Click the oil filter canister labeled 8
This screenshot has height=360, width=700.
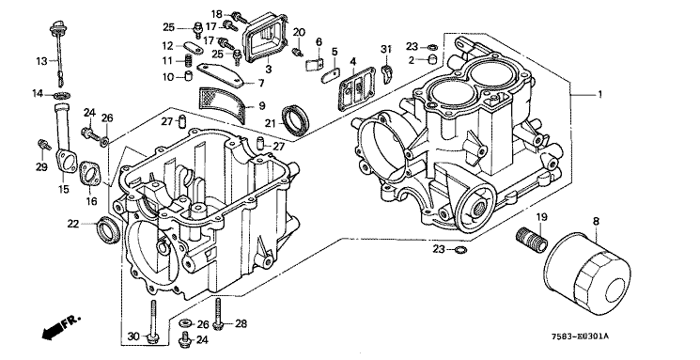click(x=586, y=274)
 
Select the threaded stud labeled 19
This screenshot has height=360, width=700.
click(x=531, y=241)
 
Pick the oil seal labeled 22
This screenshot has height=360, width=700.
click(x=108, y=230)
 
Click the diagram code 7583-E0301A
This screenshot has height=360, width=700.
click(x=584, y=337)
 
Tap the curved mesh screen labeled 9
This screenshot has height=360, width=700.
click(x=223, y=104)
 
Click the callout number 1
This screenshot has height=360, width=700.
click(x=600, y=95)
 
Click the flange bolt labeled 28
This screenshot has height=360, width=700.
click(x=218, y=314)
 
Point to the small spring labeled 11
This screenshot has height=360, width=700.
click(x=189, y=60)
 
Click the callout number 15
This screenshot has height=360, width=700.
click(x=64, y=189)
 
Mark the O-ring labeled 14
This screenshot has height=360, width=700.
click(x=61, y=95)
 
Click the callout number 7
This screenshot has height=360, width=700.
click(x=260, y=83)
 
